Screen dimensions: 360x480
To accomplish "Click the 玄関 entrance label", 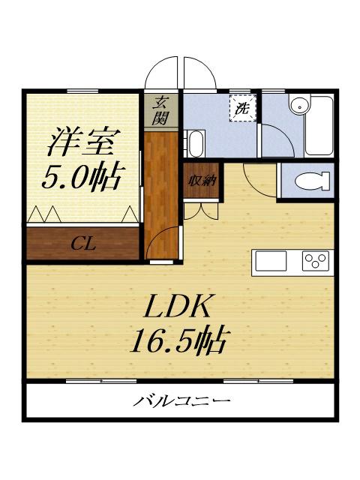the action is (160, 110).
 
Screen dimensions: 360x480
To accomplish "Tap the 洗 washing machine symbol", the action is (243, 108).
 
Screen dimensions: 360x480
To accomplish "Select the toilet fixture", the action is (312, 181).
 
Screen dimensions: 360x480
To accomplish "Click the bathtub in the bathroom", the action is (319, 126).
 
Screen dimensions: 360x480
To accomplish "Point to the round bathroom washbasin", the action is (300, 105).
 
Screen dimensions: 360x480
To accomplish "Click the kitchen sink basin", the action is (271, 260).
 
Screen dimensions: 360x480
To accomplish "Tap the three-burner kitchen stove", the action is (316, 260).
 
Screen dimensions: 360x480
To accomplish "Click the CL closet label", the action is (83, 244).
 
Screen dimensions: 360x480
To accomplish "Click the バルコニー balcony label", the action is (181, 400).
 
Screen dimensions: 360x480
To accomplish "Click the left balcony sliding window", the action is (101, 381).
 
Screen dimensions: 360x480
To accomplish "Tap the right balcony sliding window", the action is (258, 381).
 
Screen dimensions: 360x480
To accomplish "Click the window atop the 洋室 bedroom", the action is (82, 91).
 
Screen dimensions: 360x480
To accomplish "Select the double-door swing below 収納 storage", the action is (201, 211).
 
